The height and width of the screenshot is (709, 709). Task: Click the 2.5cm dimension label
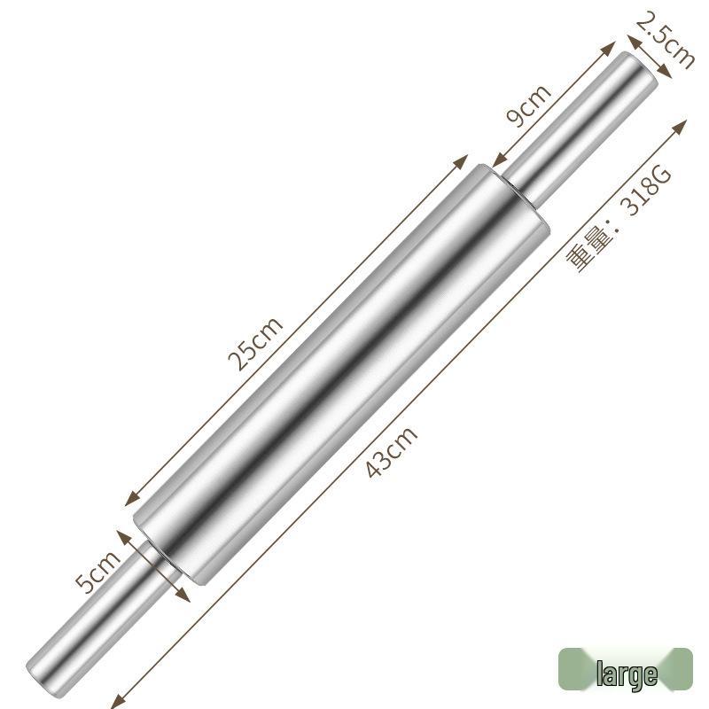[x=665, y=40]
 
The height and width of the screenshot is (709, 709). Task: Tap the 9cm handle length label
[x=528, y=105]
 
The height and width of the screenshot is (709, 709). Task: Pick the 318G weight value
[x=646, y=191]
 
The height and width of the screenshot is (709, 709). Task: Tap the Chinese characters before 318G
[x=586, y=253]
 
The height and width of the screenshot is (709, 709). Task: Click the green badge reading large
[x=626, y=671]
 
